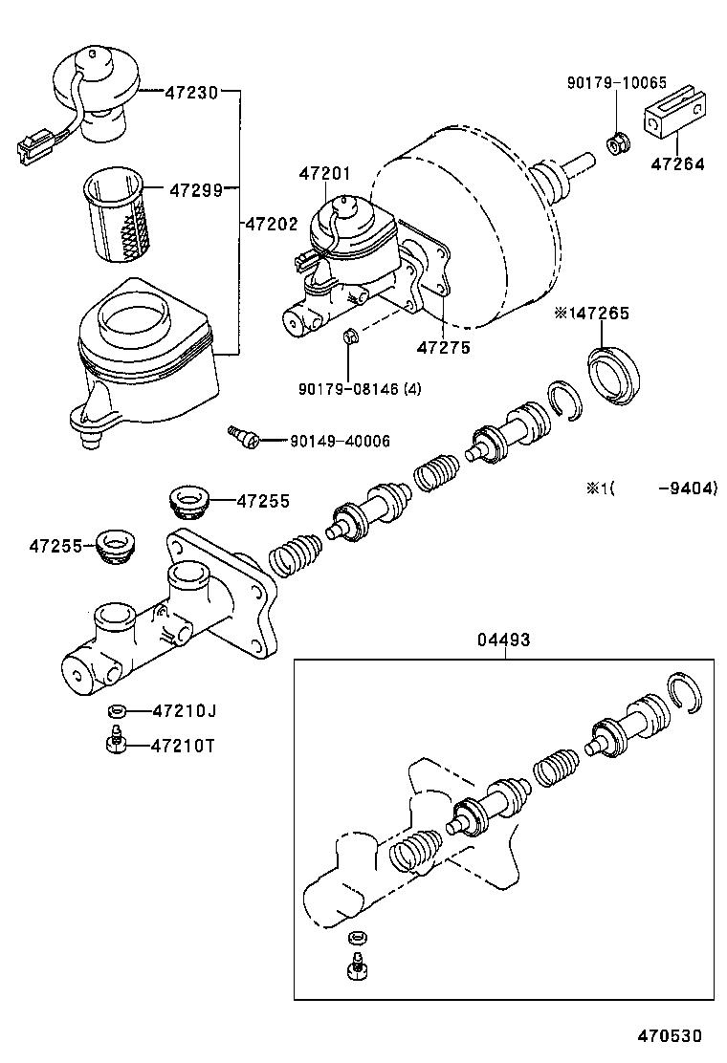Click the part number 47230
coord(191,92)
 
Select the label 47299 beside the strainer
coord(196,190)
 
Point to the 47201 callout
coord(325,174)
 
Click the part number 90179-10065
coord(617,83)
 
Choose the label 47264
coord(677,163)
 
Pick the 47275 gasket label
coord(444,347)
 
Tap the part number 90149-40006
coord(340,442)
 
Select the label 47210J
coord(185,710)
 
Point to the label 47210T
coord(183,746)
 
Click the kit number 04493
coord(504,640)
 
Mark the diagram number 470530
coord(670,1036)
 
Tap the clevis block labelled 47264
coord(674,113)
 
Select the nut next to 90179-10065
coord(617,143)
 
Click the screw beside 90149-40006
coord(244,436)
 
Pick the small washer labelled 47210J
coord(118,710)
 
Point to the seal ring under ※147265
coord(613,377)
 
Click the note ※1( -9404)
coord(651,488)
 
